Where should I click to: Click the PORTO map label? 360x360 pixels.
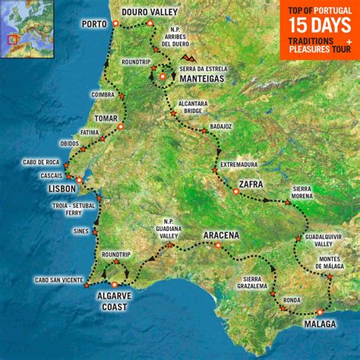94,24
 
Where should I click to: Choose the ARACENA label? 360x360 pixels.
222,235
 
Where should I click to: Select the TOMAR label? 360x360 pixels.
104,118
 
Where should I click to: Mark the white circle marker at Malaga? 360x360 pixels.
321,311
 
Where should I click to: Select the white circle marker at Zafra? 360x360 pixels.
236,191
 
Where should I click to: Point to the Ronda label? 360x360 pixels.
292,300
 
